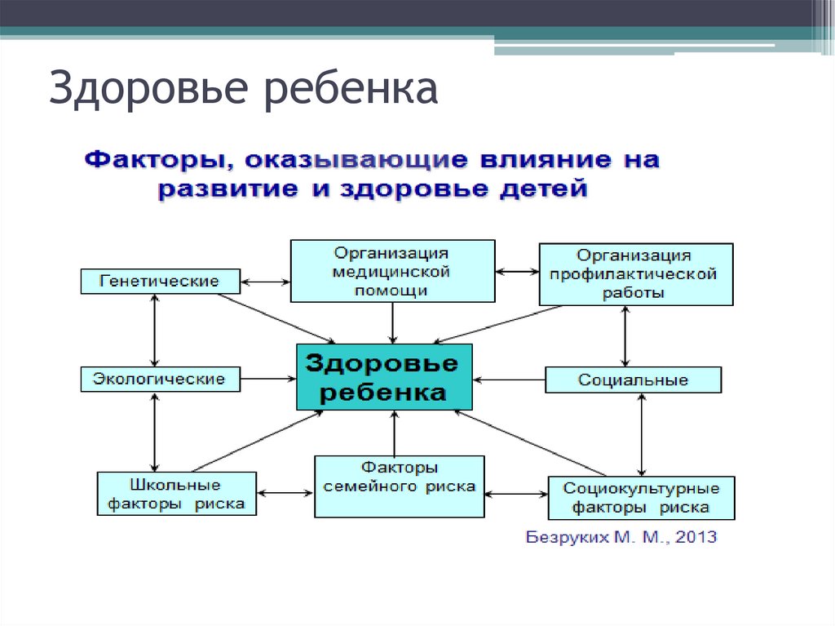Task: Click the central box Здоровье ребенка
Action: (x=384, y=377)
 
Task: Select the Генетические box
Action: (x=161, y=281)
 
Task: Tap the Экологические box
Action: (x=161, y=379)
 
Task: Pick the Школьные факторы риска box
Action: (x=176, y=493)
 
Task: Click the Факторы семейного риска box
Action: (x=400, y=486)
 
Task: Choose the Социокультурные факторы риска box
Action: (x=641, y=498)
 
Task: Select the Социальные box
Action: (x=633, y=380)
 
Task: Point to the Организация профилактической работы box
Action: (x=635, y=274)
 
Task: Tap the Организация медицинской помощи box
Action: (x=391, y=271)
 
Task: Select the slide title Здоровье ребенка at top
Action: (x=243, y=89)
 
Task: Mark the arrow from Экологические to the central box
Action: (x=270, y=379)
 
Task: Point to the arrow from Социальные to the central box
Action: (x=509, y=380)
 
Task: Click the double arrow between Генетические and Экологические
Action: (x=154, y=330)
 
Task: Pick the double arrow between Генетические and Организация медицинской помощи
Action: (x=266, y=282)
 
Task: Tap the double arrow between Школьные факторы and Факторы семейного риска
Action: (x=285, y=492)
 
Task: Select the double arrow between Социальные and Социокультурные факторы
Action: (x=643, y=434)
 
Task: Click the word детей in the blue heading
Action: (x=544, y=190)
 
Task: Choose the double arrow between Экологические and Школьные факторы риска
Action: (x=154, y=431)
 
